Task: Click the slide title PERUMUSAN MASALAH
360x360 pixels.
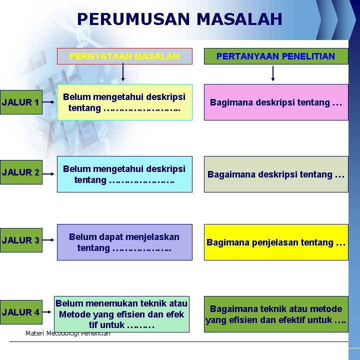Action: (179, 19)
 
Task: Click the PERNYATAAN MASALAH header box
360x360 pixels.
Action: (124, 56)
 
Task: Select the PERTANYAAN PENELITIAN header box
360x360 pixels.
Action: (275, 56)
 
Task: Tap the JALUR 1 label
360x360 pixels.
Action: (20, 102)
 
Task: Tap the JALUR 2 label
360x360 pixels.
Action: (20, 172)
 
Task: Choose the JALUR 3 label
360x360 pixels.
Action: (20, 240)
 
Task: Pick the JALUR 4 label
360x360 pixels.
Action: (20, 312)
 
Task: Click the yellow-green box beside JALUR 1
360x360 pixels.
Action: (124, 102)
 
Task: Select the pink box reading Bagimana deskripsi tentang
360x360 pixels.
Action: (275, 102)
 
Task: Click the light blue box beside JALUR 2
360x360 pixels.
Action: (124, 174)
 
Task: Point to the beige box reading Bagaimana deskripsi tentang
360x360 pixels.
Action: (275, 174)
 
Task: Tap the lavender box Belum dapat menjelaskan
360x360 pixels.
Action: (124, 242)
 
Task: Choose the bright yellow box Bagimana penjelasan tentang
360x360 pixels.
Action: (275, 242)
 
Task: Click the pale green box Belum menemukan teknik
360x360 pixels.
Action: (121, 314)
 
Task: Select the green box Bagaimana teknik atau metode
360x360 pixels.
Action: (275, 314)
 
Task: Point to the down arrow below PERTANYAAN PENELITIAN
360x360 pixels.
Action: (273, 73)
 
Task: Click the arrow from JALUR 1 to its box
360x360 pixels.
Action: (49, 103)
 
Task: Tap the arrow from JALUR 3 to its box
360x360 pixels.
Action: (49, 241)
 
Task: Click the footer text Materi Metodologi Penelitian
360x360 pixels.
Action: (67, 333)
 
